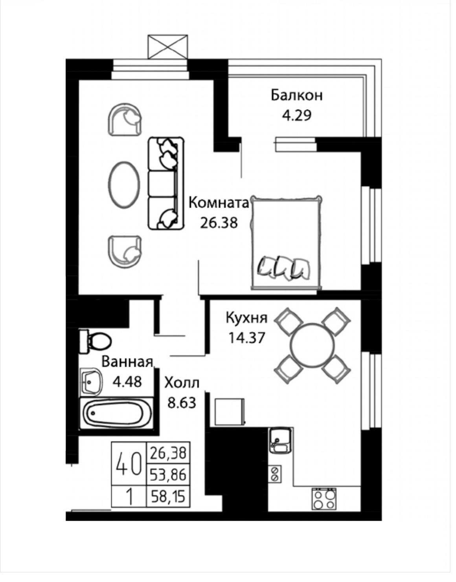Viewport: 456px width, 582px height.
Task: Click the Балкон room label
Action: (x=296, y=95)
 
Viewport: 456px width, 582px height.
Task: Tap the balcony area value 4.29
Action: (x=296, y=116)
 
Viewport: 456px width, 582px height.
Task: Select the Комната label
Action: (x=219, y=203)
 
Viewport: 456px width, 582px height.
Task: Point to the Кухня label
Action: (x=246, y=318)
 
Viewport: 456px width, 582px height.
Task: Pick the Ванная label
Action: (x=127, y=362)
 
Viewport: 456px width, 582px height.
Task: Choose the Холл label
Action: (x=182, y=383)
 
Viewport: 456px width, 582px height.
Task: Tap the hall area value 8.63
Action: (x=182, y=403)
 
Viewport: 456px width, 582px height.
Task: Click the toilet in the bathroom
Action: (x=95, y=342)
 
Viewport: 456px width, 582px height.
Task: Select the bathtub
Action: (x=116, y=413)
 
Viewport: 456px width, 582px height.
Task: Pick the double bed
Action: (x=286, y=243)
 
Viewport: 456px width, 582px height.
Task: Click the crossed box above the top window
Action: (x=168, y=46)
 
